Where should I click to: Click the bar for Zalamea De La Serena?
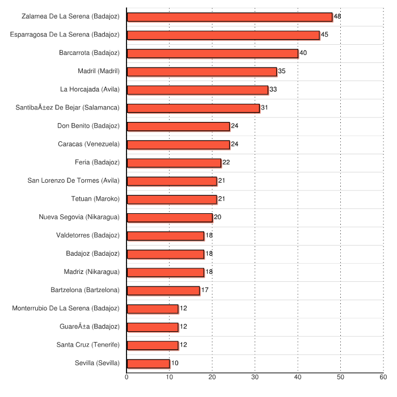229,17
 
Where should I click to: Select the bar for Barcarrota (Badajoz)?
212,53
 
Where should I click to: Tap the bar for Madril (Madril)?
201,71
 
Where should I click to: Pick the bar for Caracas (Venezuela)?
178,145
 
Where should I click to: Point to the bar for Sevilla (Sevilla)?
148,364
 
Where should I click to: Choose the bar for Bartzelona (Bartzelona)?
163,290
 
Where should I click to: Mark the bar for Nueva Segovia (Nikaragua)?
170,218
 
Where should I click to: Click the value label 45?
324,35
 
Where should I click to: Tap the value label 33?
273,90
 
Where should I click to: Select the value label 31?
264,108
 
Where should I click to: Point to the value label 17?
205,290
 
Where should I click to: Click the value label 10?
175,364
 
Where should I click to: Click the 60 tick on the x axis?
383,377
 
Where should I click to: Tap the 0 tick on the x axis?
126,377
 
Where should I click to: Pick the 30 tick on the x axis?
255,377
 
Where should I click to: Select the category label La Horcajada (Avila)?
90,90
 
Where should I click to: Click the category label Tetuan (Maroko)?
95,199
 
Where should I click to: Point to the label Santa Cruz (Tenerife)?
88,345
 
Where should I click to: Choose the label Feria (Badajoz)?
97,163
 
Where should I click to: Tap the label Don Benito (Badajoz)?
88,126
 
